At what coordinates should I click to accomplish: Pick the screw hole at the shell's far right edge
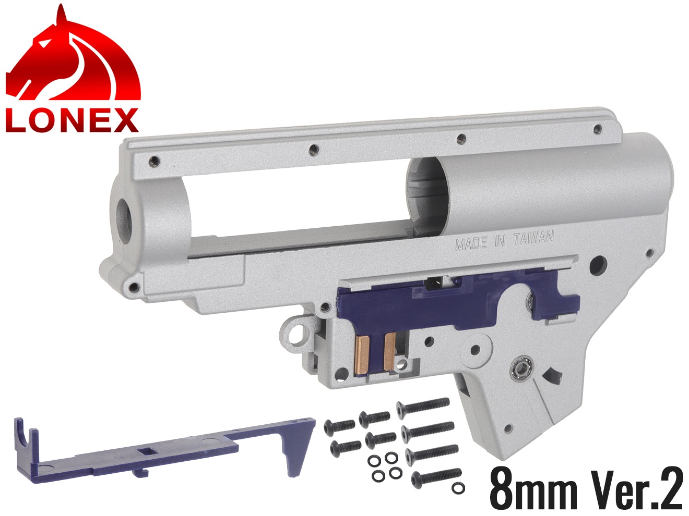pos(649,254)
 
